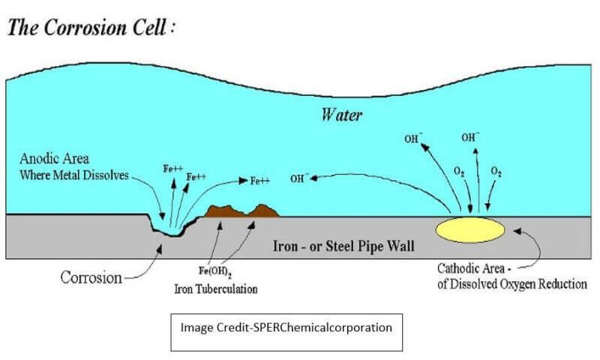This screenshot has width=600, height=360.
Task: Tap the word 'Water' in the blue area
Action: (343, 115)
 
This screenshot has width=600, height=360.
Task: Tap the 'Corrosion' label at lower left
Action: (91, 277)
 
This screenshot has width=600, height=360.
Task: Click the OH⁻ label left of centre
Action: (298, 178)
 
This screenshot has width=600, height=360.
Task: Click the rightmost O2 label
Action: (496, 171)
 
